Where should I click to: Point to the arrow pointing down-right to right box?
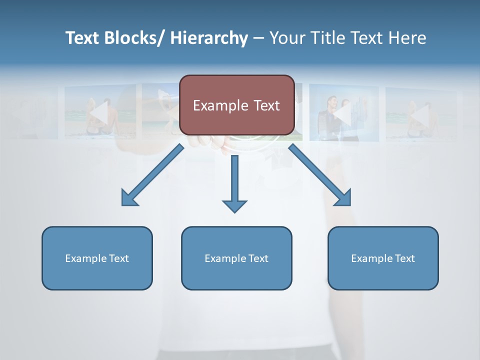(320, 175)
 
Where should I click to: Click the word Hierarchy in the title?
(209, 38)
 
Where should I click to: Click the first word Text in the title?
(82, 38)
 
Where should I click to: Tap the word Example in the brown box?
(218, 105)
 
